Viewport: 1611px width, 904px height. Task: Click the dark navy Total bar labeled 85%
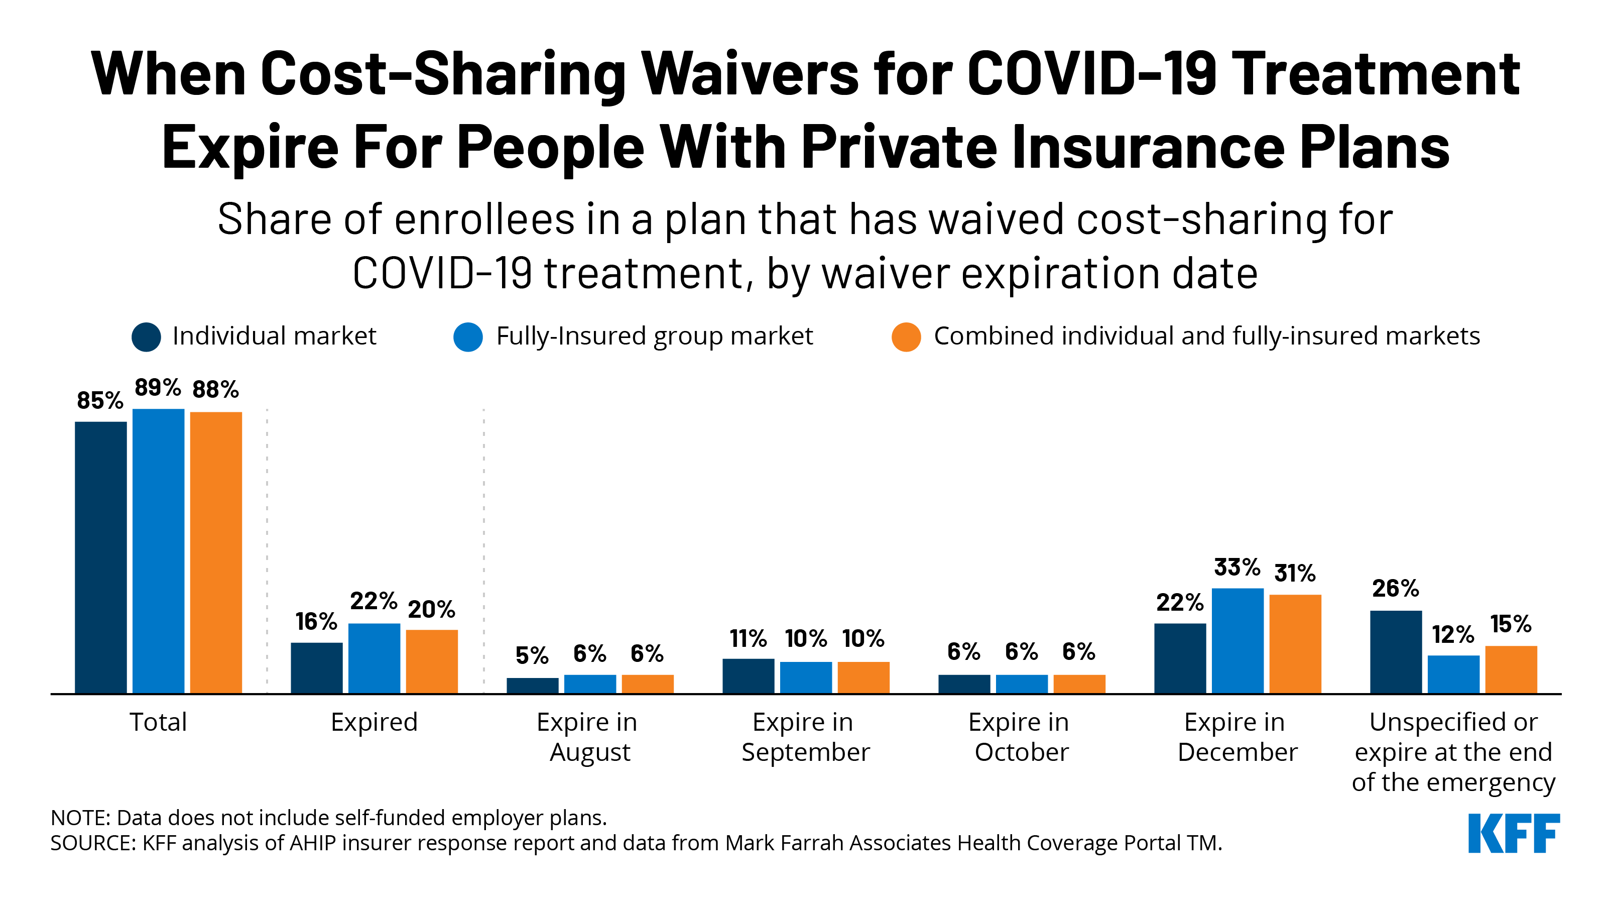pos(101,557)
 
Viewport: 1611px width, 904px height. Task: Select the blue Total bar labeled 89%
pos(158,550)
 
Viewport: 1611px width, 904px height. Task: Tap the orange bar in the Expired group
pos(432,661)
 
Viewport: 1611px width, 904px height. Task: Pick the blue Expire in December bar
pos(1237,641)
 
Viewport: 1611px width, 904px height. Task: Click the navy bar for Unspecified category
pos(1395,652)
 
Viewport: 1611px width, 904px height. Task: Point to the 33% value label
pos(1236,568)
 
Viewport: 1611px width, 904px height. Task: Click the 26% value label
pos(1395,588)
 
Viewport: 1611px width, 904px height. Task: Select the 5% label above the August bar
pos(532,655)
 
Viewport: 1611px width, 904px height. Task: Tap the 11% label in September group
pos(748,639)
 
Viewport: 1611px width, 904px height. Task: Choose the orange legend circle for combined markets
pos(906,337)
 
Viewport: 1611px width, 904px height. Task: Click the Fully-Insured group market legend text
pos(654,336)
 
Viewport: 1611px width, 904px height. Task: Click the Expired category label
pos(374,723)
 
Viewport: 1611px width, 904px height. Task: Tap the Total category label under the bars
pos(158,723)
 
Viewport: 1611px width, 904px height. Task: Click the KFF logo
pos(1514,833)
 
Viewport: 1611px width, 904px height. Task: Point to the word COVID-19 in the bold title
pos(1091,74)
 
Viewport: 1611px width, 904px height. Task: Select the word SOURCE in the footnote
pos(91,843)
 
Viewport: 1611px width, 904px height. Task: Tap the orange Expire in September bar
pos(863,677)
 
